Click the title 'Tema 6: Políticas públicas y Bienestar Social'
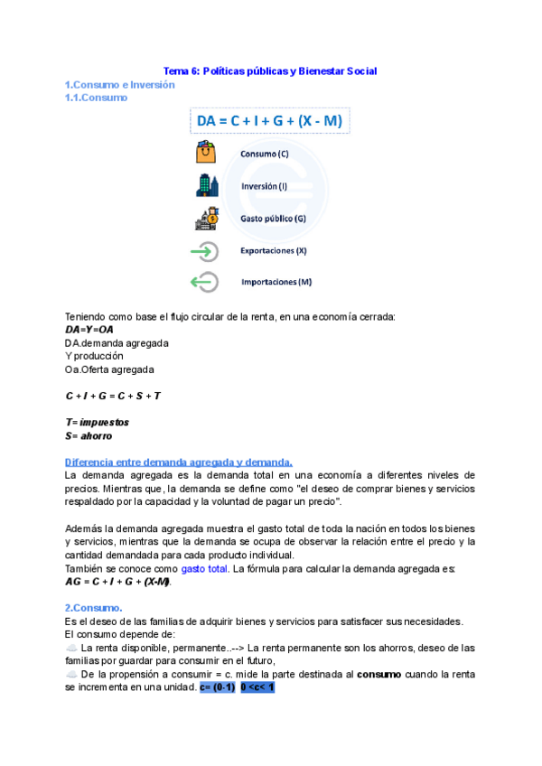pyautogui.click(x=269, y=70)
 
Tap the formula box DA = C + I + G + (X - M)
pyautogui.click(x=269, y=121)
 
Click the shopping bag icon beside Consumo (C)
pyautogui.click(x=206, y=153)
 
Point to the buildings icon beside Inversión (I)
pyautogui.click(x=206, y=186)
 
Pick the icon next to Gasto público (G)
pyautogui.click(x=206, y=219)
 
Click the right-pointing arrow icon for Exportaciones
pyautogui.click(x=205, y=251)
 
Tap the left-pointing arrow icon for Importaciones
pyautogui.click(x=205, y=283)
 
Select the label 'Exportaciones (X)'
pyautogui.click(x=274, y=250)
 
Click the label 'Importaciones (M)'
pyautogui.click(x=276, y=282)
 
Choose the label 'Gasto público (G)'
pyautogui.click(x=273, y=219)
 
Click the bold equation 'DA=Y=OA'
pyautogui.click(x=89, y=330)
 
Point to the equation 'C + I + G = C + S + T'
pyautogui.click(x=113, y=396)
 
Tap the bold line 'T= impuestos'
pyautogui.click(x=97, y=422)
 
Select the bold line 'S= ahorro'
pyautogui.click(x=89, y=435)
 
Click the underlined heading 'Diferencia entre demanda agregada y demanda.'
pyautogui.click(x=178, y=462)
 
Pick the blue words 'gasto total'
pyautogui.click(x=206, y=568)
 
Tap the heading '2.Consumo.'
pyautogui.click(x=94, y=608)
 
